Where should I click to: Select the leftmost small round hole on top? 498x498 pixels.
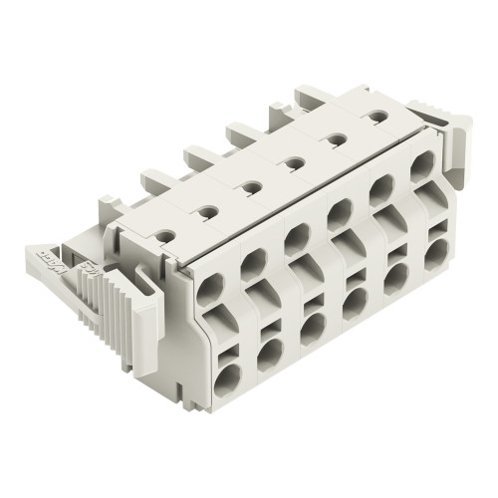[x=208, y=210]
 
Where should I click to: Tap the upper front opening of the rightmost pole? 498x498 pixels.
[x=421, y=161]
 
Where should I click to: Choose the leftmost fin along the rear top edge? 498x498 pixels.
[x=153, y=180]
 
